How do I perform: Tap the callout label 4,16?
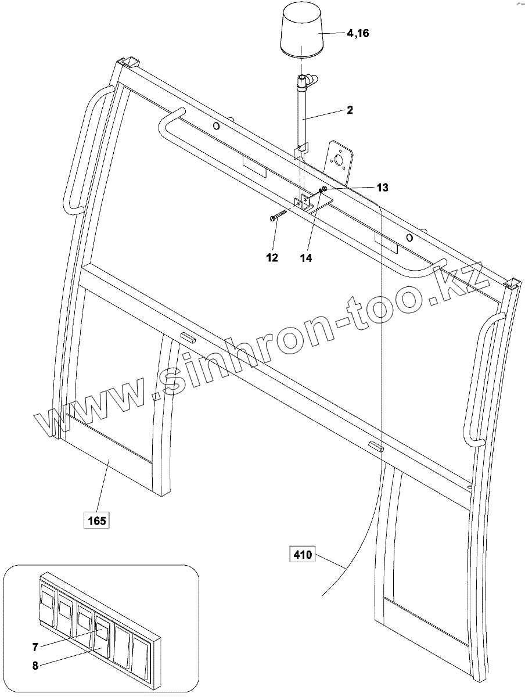point(358,34)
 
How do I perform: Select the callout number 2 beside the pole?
point(350,110)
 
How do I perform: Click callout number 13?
point(382,187)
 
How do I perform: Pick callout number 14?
point(306,258)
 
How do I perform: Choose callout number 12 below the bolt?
point(272,258)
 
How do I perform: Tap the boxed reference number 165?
point(96,520)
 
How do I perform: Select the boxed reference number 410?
point(302,555)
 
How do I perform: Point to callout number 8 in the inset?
point(35,666)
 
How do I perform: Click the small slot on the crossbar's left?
point(187,336)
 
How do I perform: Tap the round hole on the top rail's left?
point(216,126)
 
